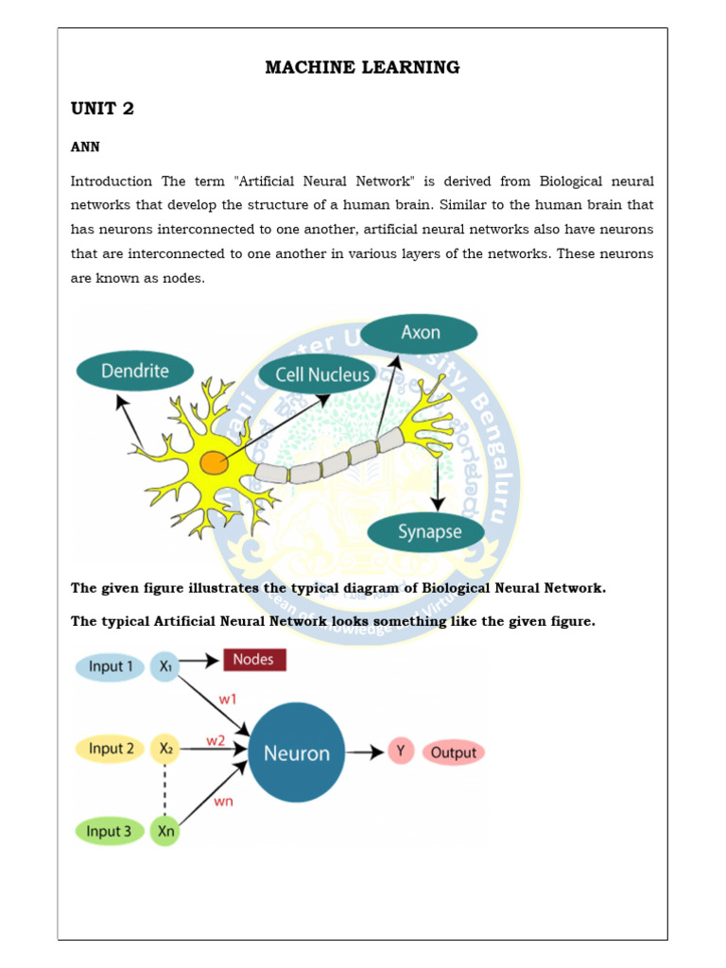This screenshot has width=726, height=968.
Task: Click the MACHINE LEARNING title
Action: click(362, 67)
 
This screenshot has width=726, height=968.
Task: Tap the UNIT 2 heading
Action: click(102, 109)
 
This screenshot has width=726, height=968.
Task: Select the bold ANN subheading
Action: click(85, 147)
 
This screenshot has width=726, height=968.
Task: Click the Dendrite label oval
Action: click(134, 371)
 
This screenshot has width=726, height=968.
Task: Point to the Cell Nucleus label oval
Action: click(322, 375)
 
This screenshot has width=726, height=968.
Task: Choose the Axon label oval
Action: click(419, 333)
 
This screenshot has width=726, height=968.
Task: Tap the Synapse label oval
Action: click(428, 532)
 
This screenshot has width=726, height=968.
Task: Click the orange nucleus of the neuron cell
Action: click(214, 463)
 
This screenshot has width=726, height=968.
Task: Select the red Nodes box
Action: click(253, 660)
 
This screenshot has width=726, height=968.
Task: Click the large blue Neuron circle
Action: click(296, 753)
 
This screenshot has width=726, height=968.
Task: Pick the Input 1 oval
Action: click(111, 666)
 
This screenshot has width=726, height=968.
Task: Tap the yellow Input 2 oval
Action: click(111, 750)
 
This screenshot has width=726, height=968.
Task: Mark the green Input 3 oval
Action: click(110, 832)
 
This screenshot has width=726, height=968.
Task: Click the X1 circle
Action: click(165, 666)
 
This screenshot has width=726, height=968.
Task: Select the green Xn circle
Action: click(165, 832)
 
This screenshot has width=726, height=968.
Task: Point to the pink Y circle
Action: click(401, 752)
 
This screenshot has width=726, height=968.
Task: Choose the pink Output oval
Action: click(453, 753)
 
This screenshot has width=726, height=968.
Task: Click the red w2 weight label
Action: click(216, 740)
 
